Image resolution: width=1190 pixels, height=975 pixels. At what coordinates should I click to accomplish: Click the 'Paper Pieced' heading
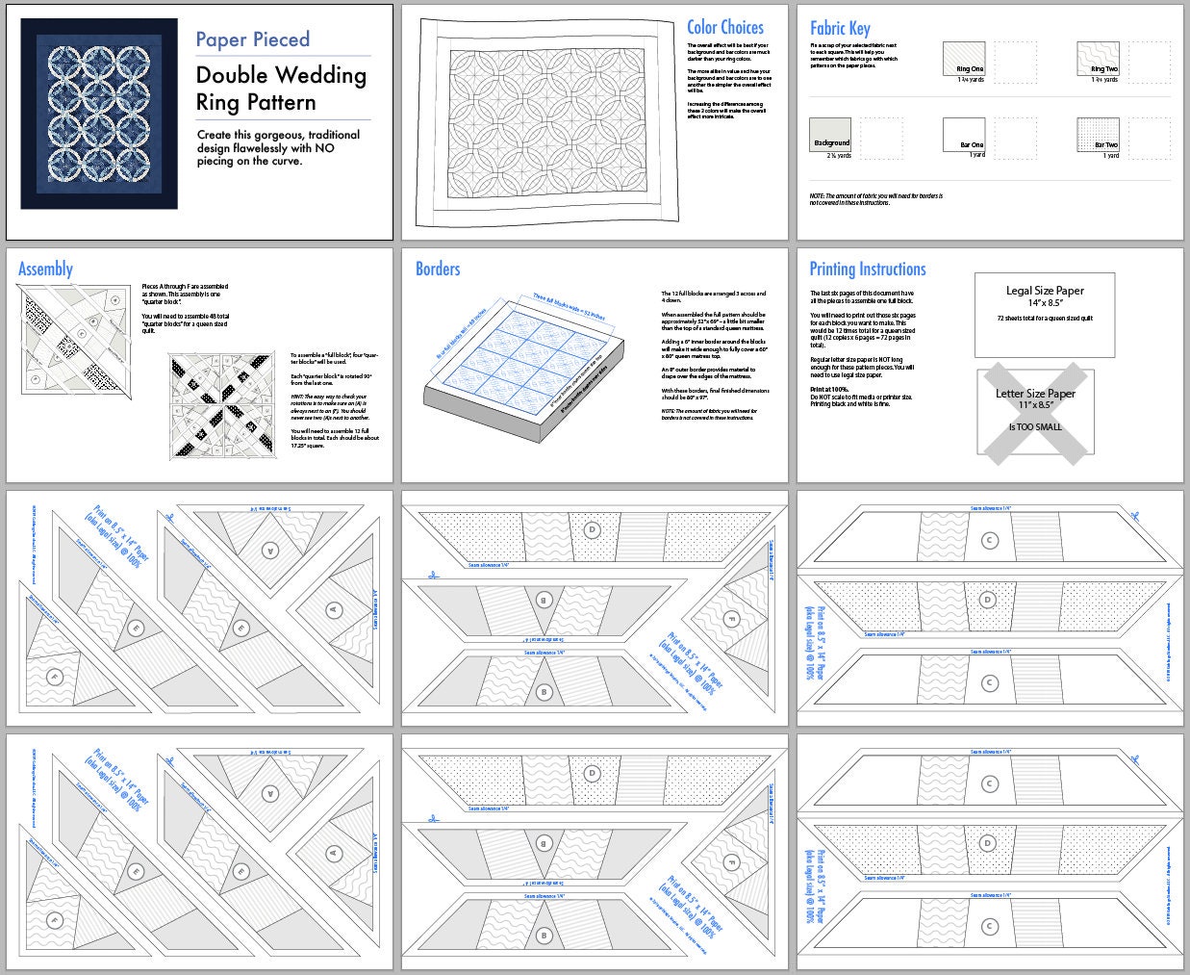tap(252, 39)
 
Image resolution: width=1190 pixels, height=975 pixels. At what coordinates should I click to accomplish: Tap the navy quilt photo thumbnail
tap(99, 114)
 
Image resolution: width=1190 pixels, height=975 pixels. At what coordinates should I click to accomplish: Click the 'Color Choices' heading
tap(724, 28)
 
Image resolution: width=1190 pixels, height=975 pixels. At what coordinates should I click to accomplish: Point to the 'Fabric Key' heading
tap(839, 28)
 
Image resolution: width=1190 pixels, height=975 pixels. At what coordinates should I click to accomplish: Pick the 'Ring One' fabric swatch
tap(964, 58)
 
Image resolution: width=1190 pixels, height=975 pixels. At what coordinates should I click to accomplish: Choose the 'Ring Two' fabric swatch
tap(1098, 58)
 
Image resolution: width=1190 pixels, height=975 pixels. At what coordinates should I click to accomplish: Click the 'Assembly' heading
tap(45, 269)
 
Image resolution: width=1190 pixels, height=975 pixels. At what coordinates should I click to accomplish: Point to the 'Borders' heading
tap(438, 269)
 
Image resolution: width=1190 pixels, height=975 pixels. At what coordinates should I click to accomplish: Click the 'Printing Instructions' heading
tap(867, 269)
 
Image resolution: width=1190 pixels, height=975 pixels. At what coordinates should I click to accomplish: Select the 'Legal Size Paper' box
tap(1045, 302)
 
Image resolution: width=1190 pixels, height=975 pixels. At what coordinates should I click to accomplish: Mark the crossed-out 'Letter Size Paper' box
tap(1035, 409)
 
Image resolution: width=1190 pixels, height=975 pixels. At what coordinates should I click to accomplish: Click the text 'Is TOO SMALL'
tap(1035, 426)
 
